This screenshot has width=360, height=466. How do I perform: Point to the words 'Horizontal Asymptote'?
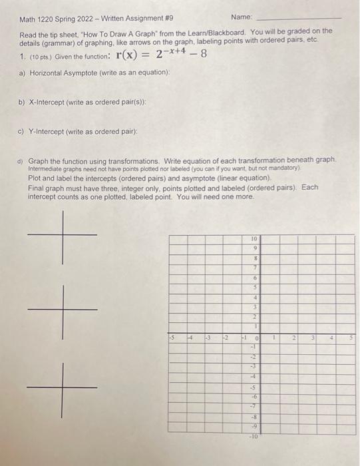tap(60, 73)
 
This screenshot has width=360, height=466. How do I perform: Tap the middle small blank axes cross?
tap(63, 310)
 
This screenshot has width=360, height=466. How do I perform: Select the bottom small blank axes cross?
tap(63, 387)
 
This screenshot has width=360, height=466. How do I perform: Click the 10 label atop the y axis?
tap(254, 238)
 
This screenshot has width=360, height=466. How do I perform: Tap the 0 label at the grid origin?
tap(257, 339)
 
